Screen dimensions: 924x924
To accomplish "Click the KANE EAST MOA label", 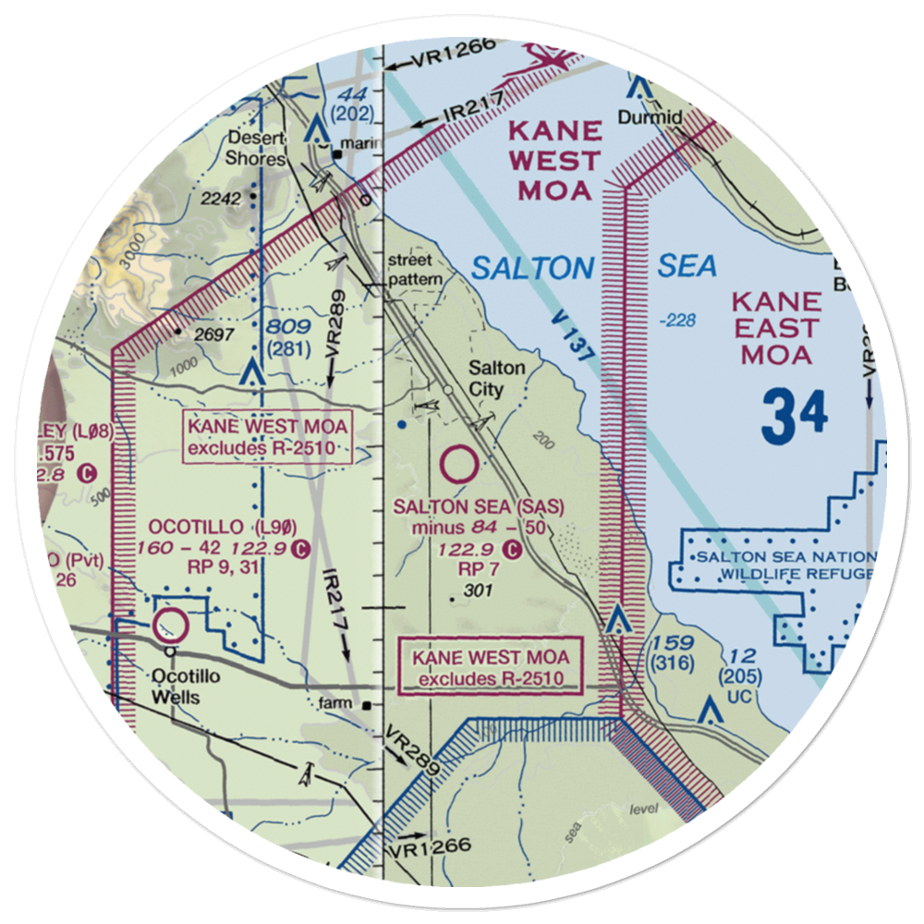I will click(x=776, y=328).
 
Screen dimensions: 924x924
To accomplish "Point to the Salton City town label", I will click(x=496, y=378).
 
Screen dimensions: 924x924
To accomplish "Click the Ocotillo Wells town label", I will click(x=176, y=686).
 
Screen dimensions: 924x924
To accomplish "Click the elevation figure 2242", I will click(x=223, y=199).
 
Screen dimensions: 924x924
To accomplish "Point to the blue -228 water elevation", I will click(x=678, y=320).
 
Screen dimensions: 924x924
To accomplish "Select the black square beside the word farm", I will click(x=368, y=706).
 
